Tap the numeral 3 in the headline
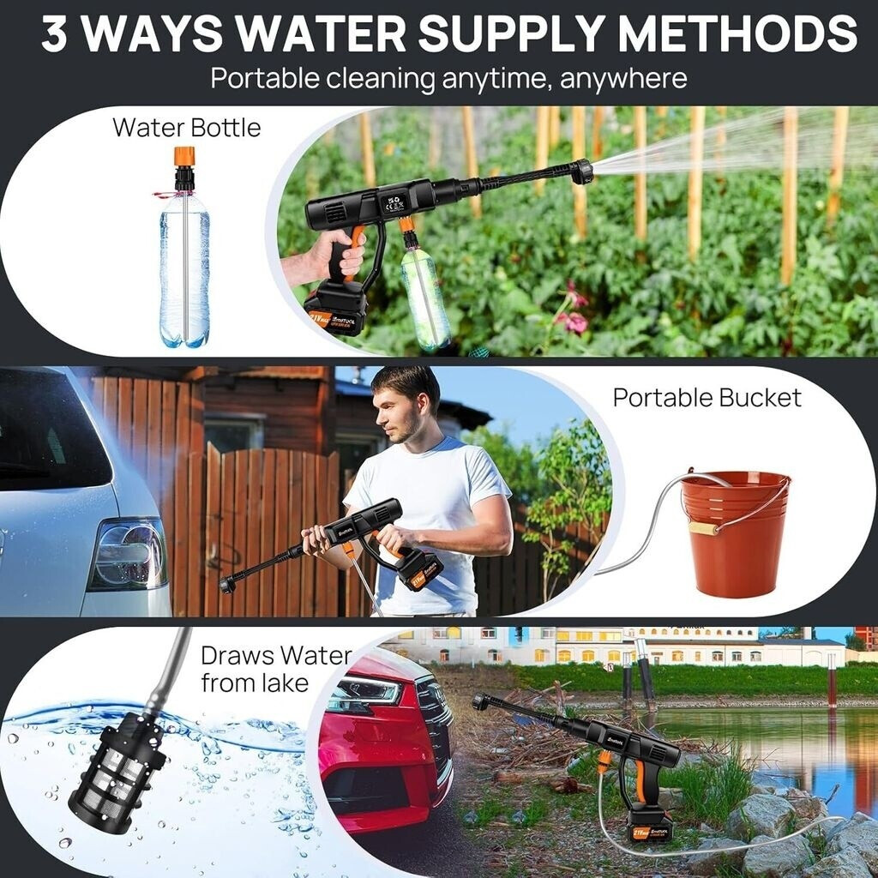(54, 33)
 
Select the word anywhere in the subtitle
(622, 78)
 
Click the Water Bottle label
(186, 128)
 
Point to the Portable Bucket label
(707, 398)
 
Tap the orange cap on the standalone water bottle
(184, 157)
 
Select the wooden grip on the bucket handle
(703, 528)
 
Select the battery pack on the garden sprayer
(336, 309)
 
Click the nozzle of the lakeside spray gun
(480, 701)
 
